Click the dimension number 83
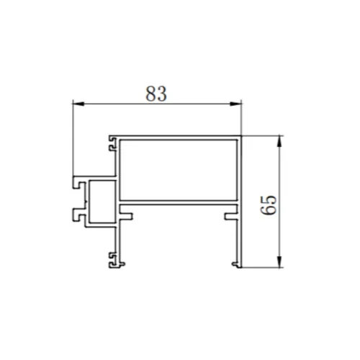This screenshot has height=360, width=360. [156, 93]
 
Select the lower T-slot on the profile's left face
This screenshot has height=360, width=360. [76, 214]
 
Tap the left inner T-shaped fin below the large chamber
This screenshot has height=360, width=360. [129, 214]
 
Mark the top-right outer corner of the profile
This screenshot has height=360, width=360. [241, 135]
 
